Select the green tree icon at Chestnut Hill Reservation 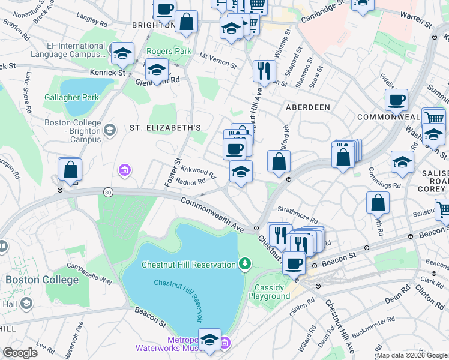point(244,263)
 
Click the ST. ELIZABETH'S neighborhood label point(165,128)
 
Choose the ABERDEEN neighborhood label point(308,107)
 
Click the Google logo point(20,353)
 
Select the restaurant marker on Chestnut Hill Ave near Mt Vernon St point(264,71)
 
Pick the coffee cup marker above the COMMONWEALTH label point(396,100)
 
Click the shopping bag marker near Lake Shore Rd point(70,170)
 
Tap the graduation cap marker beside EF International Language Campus point(123,55)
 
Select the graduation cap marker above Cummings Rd point(402,161)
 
